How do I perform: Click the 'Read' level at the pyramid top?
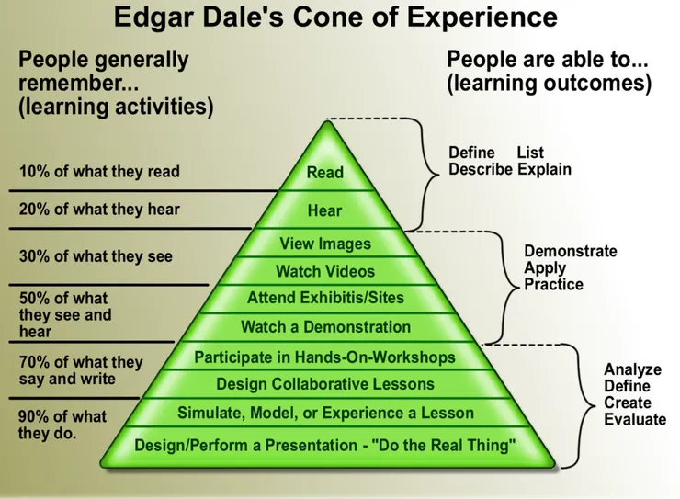pyautogui.click(x=325, y=172)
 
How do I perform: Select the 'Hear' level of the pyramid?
pyautogui.click(x=325, y=210)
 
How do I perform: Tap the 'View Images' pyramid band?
pyautogui.click(x=325, y=244)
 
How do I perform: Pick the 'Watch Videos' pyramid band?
pyautogui.click(x=325, y=271)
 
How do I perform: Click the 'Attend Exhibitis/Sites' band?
pyautogui.click(x=325, y=298)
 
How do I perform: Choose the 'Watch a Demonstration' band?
pyautogui.click(x=325, y=326)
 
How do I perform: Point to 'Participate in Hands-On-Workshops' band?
pyautogui.click(x=325, y=357)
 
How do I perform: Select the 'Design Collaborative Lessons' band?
pyautogui.click(x=325, y=384)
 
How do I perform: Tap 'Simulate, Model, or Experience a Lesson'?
pyautogui.click(x=325, y=413)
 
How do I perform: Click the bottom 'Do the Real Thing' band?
pyautogui.click(x=325, y=446)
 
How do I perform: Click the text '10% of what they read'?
pyautogui.click(x=99, y=172)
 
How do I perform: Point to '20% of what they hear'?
pyautogui.click(x=99, y=210)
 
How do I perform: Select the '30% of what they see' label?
pyautogui.click(x=96, y=256)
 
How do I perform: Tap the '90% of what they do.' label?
pyautogui.click(x=62, y=425)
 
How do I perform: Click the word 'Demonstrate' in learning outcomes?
pyautogui.click(x=570, y=251)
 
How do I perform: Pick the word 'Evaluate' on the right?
pyautogui.click(x=634, y=419)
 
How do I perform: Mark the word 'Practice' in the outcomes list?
pyautogui.click(x=553, y=284)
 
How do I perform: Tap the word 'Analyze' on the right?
pyautogui.click(x=632, y=369)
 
